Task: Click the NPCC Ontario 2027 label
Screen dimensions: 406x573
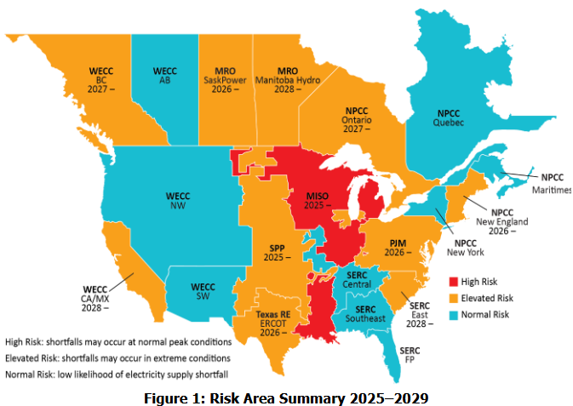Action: (358, 120)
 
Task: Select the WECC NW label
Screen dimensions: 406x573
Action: (177, 201)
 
